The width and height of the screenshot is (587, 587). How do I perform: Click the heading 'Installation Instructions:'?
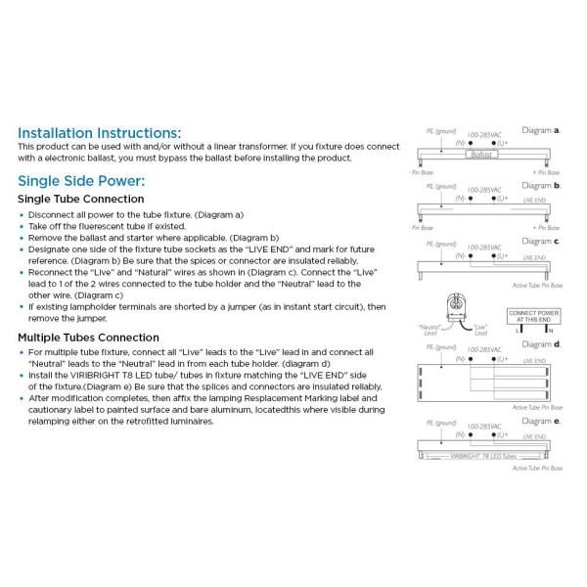(100, 132)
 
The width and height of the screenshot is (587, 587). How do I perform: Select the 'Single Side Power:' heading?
(81, 181)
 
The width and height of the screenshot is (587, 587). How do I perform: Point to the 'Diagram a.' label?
(540, 129)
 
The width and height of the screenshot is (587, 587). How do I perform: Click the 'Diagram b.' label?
(540, 185)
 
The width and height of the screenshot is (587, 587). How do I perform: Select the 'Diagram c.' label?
(540, 241)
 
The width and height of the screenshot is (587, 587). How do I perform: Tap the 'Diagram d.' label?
(540, 344)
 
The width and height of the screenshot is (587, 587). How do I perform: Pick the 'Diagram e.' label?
(540, 421)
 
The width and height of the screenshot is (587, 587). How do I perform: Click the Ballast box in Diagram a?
(483, 155)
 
